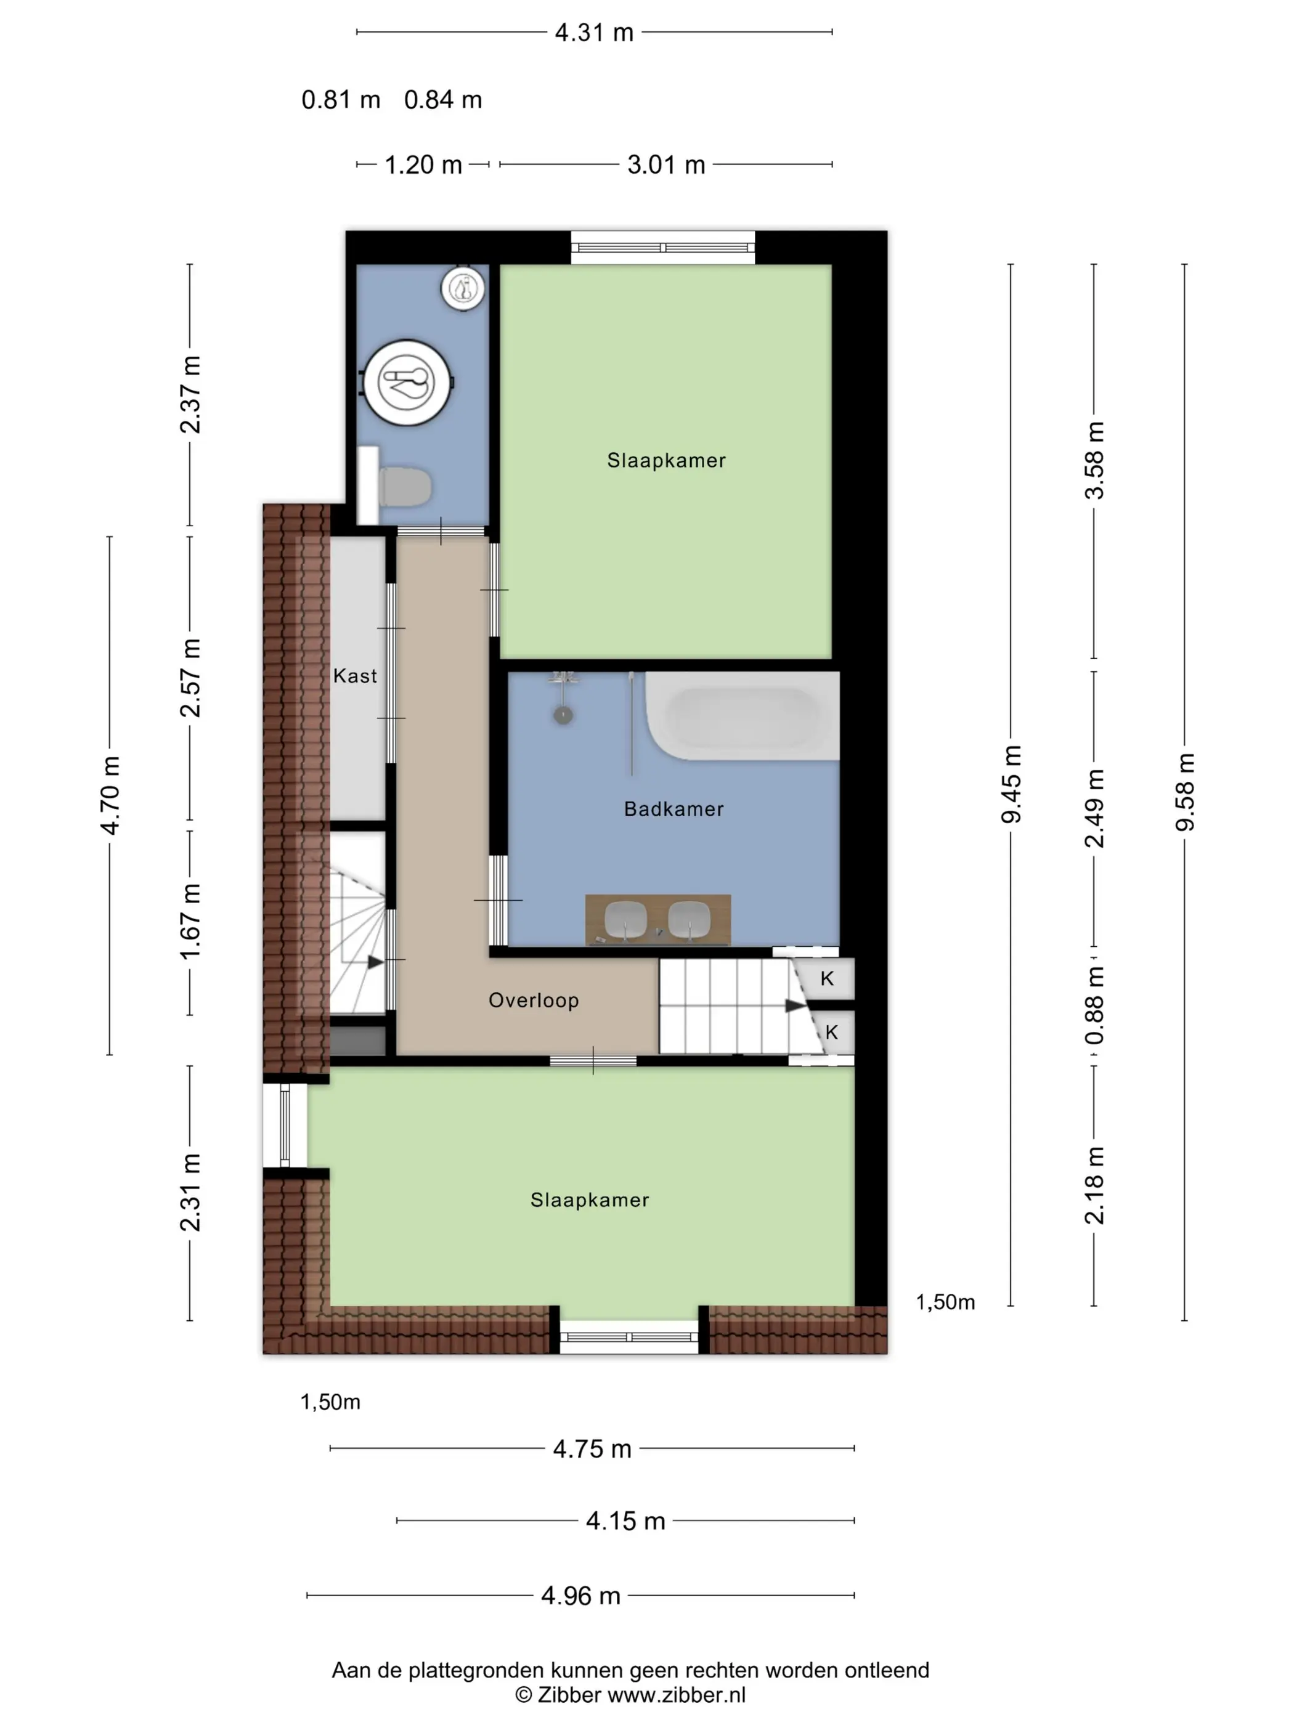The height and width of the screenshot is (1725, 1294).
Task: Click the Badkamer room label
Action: click(x=673, y=809)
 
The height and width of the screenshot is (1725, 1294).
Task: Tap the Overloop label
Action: click(x=534, y=1000)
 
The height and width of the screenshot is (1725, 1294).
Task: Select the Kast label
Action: click(x=355, y=675)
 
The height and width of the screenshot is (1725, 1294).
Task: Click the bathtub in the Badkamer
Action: click(x=742, y=716)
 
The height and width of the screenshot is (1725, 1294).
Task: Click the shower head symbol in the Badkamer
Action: click(x=563, y=713)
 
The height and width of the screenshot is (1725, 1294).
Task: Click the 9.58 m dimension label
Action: click(x=1184, y=792)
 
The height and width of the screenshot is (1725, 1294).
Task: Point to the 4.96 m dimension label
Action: click(x=580, y=1596)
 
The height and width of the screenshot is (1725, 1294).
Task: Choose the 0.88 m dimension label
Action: click(x=1094, y=1005)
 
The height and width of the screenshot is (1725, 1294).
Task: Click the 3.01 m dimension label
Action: click(x=666, y=164)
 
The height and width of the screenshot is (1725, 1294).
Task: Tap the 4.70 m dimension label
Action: click(x=110, y=795)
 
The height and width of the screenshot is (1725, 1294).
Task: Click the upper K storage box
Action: click(x=826, y=978)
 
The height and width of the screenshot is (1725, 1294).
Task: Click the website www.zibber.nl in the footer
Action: click(x=676, y=1695)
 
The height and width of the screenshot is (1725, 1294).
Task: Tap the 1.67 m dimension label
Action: click(x=190, y=922)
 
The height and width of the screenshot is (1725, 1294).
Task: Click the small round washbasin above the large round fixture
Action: click(x=463, y=288)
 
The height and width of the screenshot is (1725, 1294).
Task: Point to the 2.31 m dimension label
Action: click(x=190, y=1191)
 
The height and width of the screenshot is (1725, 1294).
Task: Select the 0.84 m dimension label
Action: click(x=443, y=100)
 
